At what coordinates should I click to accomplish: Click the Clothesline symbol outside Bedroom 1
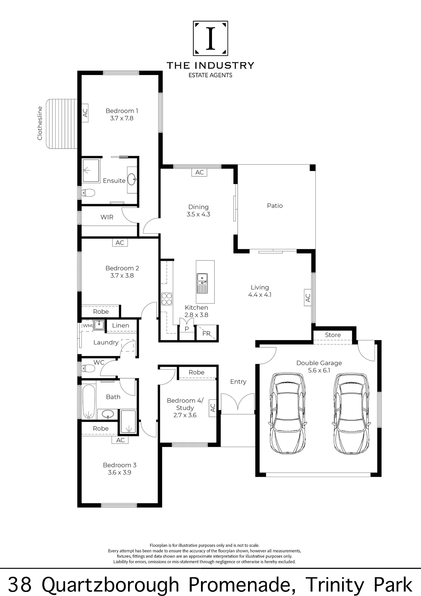coord(62,124)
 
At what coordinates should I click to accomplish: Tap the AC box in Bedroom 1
coord(85,113)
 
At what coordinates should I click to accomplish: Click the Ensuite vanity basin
coord(132,179)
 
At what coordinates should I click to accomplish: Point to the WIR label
coord(107,217)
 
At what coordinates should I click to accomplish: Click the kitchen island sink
coord(202,283)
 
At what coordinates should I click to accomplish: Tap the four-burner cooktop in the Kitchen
coord(167,299)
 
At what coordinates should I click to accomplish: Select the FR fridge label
coord(206,333)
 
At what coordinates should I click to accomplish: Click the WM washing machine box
coord(87,326)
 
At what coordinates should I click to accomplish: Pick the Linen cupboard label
coord(121,325)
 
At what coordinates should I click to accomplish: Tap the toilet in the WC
coord(88,369)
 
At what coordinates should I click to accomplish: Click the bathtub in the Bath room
coord(88,401)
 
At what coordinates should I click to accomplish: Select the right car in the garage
coord(352,413)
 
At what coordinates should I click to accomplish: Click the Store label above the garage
coord(333,335)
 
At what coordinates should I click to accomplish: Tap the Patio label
coord(275,206)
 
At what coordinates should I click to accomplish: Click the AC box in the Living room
coord(308,297)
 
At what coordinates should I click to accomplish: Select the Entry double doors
coord(238,402)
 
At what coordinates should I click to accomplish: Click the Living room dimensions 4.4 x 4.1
coord(260,295)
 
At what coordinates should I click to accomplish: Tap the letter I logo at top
coord(210,38)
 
